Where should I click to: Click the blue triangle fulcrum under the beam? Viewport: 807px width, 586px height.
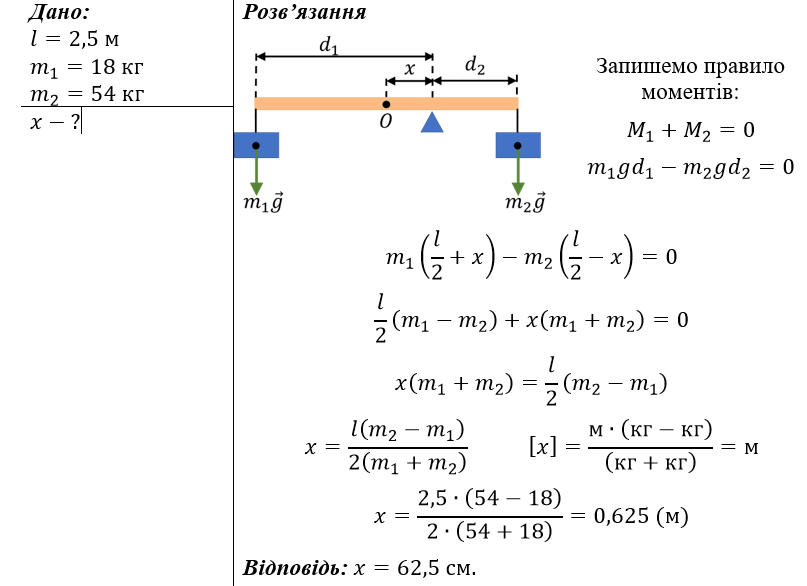(x=432, y=122)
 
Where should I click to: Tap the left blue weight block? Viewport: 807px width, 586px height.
(x=256, y=145)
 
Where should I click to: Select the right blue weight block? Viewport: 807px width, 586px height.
(x=518, y=145)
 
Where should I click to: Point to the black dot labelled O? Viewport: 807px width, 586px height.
(x=386, y=104)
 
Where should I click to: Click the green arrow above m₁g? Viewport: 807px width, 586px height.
(x=256, y=170)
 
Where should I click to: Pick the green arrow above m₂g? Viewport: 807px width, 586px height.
(x=518, y=170)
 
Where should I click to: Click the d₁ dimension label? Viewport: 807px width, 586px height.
(x=328, y=45)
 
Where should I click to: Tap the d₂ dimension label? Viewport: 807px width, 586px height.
(x=475, y=65)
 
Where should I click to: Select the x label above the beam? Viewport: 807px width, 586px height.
(x=409, y=68)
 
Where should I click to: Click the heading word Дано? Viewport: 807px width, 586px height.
(x=58, y=12)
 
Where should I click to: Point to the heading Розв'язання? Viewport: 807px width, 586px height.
(x=304, y=12)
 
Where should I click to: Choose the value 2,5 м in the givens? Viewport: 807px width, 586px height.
(x=94, y=39)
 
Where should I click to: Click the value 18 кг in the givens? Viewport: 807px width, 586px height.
(x=117, y=67)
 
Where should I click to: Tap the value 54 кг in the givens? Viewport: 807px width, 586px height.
(x=117, y=94)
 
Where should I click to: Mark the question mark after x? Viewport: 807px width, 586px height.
(x=75, y=122)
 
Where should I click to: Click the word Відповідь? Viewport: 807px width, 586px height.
(x=295, y=567)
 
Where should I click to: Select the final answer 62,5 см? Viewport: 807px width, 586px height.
(x=436, y=567)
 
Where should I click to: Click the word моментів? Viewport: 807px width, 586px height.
(x=690, y=93)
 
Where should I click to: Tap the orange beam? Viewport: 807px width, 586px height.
(x=386, y=104)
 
